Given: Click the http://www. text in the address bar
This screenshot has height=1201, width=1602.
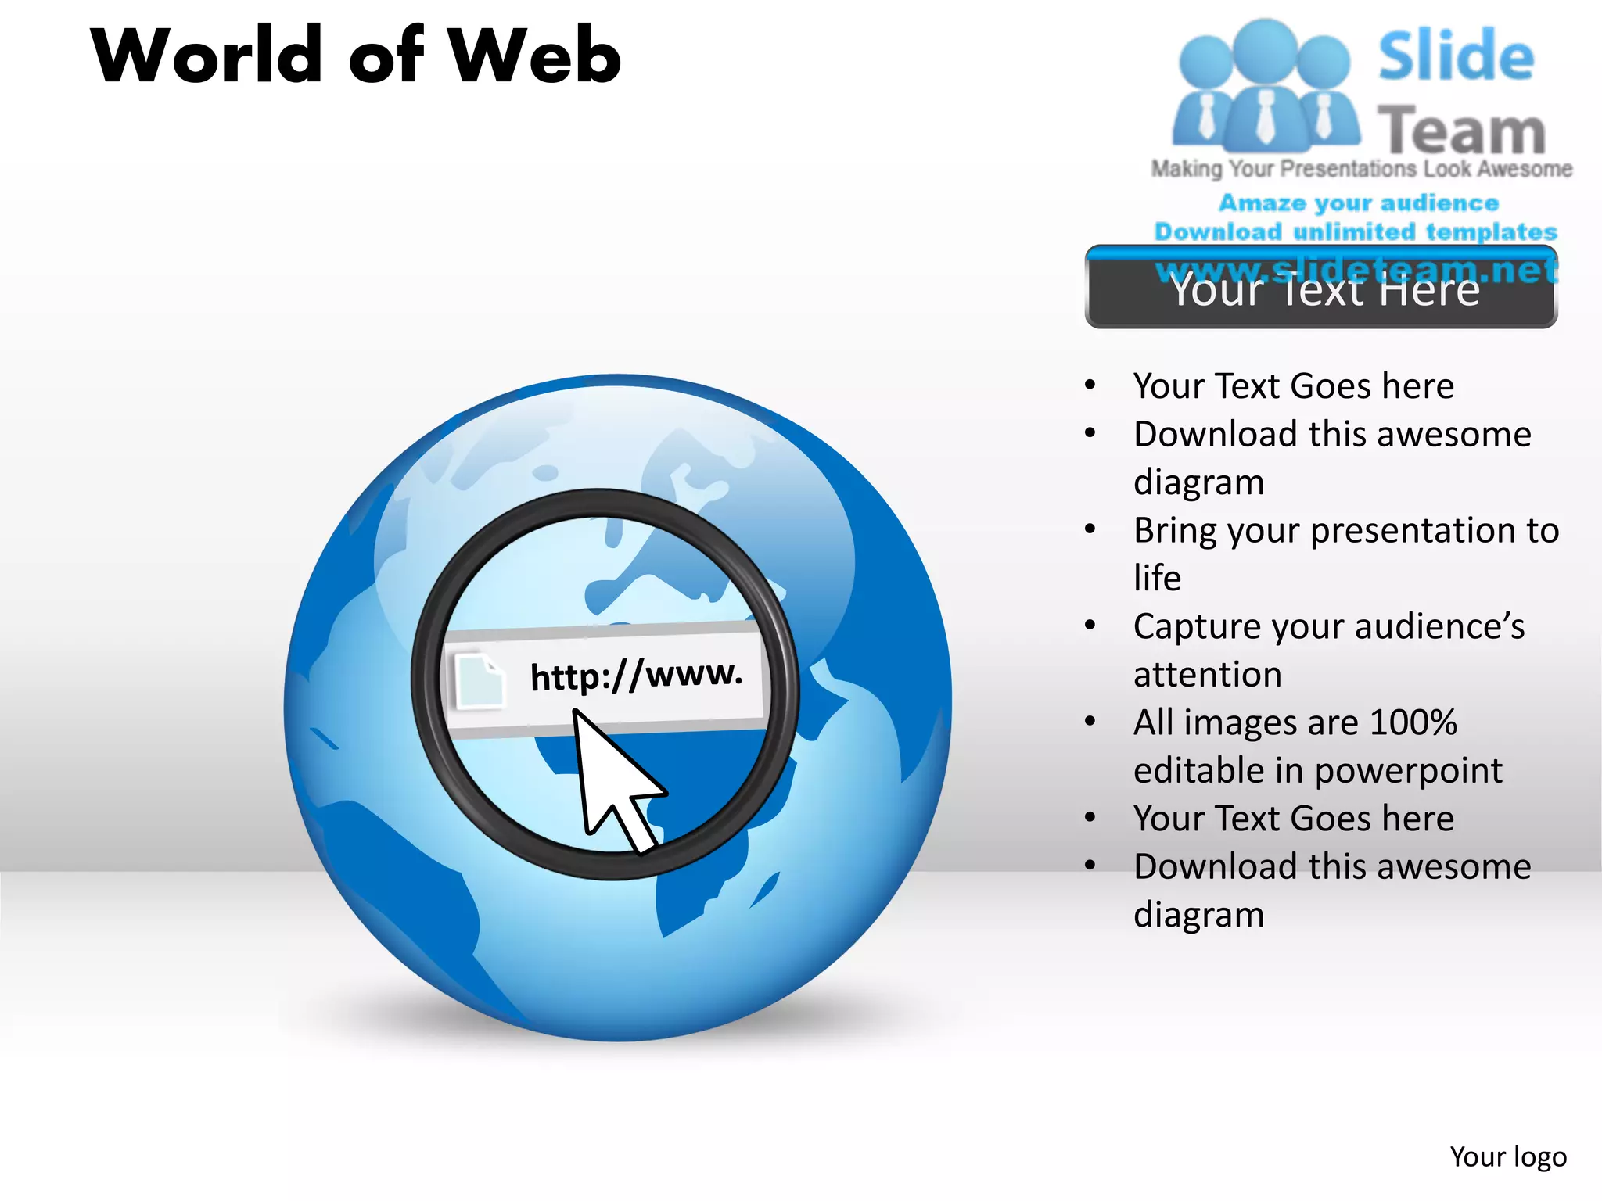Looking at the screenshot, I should click(x=636, y=674).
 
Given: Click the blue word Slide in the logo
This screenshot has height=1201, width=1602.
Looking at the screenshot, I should click(x=1456, y=56).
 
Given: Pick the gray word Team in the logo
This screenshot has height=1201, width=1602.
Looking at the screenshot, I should click(x=1461, y=130).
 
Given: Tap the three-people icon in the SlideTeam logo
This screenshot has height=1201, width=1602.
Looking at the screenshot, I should click(x=1265, y=86).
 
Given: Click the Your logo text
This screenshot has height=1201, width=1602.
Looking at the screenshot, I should click(x=1507, y=1156).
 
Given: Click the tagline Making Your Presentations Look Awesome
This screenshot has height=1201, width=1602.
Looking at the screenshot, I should click(x=1361, y=169).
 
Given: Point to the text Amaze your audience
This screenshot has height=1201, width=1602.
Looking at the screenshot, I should click(x=1359, y=203).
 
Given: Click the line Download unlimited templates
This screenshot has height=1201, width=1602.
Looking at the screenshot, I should click(x=1356, y=231).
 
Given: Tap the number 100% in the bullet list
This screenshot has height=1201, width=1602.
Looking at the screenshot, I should click(x=1413, y=722).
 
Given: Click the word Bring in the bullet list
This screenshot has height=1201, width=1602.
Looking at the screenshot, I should click(x=1175, y=531).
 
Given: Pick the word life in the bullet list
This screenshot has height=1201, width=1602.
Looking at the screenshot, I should click(x=1157, y=579).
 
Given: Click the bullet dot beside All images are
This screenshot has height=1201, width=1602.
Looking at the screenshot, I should click(x=1090, y=722).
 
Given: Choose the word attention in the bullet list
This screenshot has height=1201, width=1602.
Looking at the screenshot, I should click(x=1207, y=675).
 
